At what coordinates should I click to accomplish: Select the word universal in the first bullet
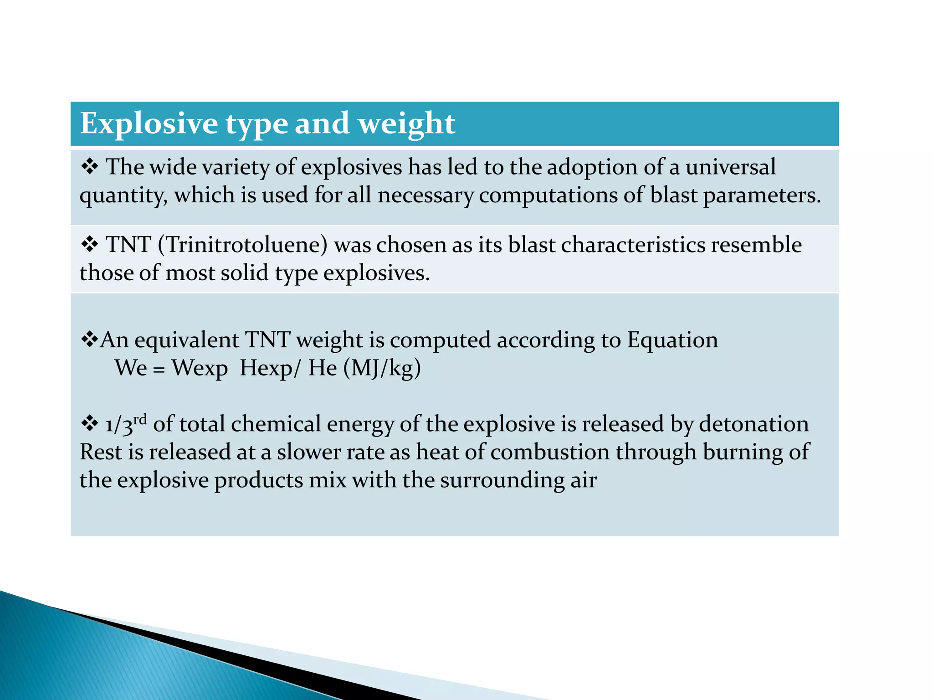click(x=730, y=167)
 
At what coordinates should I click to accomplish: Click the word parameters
click(x=762, y=196)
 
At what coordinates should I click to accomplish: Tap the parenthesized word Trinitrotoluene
click(x=242, y=245)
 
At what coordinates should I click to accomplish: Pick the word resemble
click(x=756, y=245)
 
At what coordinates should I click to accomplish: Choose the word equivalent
click(x=186, y=340)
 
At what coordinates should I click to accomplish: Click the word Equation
click(x=672, y=340)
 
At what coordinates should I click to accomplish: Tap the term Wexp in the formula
click(x=200, y=368)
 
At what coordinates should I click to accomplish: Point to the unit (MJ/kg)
click(x=382, y=368)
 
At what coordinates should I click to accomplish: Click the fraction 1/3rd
click(x=126, y=424)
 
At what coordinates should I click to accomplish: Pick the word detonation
click(x=754, y=424)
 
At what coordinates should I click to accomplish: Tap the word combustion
click(x=550, y=452)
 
